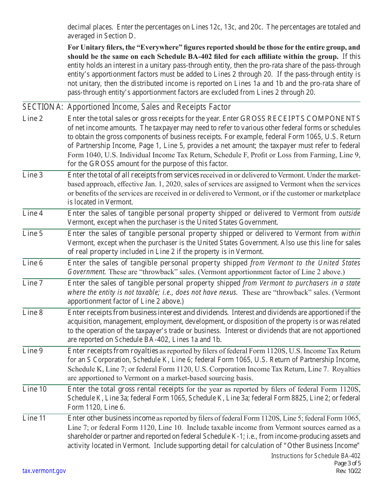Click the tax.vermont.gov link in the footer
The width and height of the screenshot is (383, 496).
[44, 471]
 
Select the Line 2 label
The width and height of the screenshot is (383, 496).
[33, 119]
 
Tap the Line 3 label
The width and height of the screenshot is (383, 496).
[33, 175]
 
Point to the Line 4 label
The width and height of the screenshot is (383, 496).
[33, 213]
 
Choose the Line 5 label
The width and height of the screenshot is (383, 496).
[33, 233]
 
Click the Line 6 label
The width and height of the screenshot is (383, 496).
[33, 263]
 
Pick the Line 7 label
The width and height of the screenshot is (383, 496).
[33, 283]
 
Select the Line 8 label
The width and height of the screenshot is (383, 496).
[33, 313]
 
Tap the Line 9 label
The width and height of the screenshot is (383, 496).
[33, 351]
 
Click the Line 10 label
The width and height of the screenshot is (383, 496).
[35, 389]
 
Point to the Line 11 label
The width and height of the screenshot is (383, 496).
[34, 418]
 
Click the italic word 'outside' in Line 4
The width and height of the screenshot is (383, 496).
[349, 213]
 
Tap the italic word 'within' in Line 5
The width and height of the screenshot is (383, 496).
[351, 233]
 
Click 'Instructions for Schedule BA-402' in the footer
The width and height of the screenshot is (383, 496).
[316, 456]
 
